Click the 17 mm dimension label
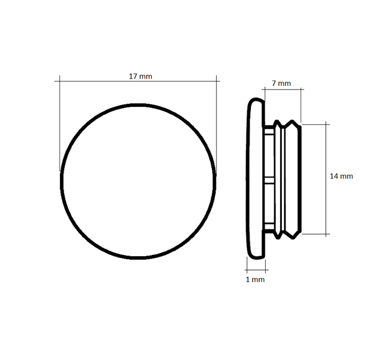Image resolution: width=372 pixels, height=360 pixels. [140, 76]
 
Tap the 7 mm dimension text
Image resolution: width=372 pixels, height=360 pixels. [281, 83]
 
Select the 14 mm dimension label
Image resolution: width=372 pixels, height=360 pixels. [341, 176]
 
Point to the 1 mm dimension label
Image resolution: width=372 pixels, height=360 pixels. [255, 280]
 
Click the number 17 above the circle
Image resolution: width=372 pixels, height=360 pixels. [133, 76]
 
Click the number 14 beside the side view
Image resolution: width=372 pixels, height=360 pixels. [334, 176]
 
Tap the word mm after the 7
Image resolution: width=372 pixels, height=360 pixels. [284, 83]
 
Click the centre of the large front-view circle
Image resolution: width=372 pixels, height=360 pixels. [139, 181]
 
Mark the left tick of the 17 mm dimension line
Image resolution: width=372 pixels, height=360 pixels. [59, 81]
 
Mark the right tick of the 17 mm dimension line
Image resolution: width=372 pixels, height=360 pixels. [217, 81]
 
